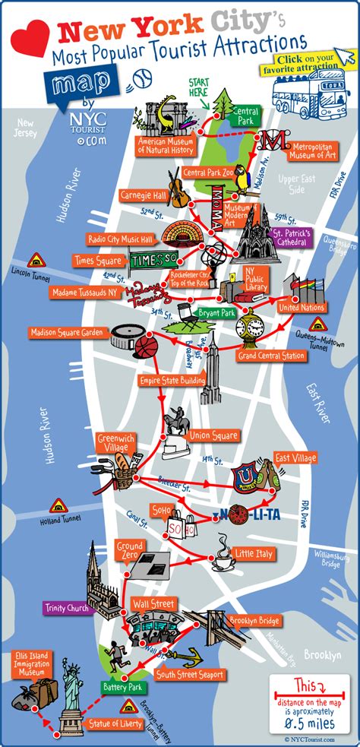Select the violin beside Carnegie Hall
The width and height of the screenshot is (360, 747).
tap(176, 190)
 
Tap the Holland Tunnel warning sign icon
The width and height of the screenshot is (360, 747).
tap(58, 506)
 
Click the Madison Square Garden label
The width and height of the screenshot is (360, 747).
tap(68, 332)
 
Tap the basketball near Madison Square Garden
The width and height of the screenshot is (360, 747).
tap(147, 347)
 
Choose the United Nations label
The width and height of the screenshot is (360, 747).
tap(302, 308)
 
